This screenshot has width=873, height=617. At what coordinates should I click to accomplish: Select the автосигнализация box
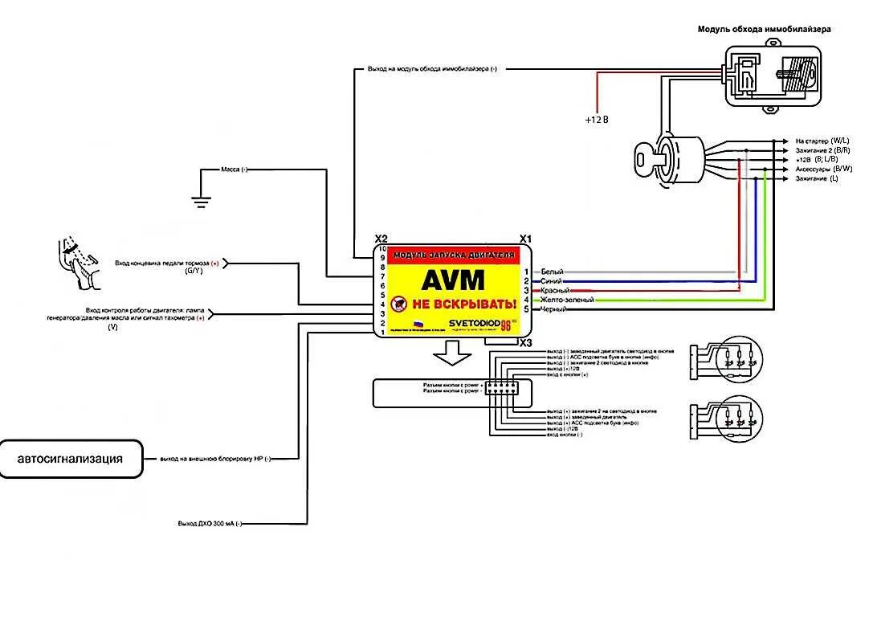click(x=71, y=460)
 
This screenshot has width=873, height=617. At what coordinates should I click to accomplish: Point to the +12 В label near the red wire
click(x=597, y=120)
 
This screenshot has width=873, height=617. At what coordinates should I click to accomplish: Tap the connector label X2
click(x=381, y=239)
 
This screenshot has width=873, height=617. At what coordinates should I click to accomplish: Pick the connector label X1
click(x=525, y=239)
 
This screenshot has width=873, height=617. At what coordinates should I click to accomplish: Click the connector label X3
click(x=525, y=343)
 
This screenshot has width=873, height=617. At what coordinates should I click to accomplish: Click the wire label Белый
click(x=552, y=272)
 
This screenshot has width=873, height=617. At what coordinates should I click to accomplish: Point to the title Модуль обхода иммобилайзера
click(x=764, y=29)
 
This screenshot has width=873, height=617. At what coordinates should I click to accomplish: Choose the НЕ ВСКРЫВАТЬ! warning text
click(x=463, y=304)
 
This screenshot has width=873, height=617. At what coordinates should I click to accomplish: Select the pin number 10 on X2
click(x=382, y=249)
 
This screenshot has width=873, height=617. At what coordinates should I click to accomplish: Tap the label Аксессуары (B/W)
click(x=823, y=169)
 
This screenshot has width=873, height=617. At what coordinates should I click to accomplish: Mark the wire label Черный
click(x=553, y=309)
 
